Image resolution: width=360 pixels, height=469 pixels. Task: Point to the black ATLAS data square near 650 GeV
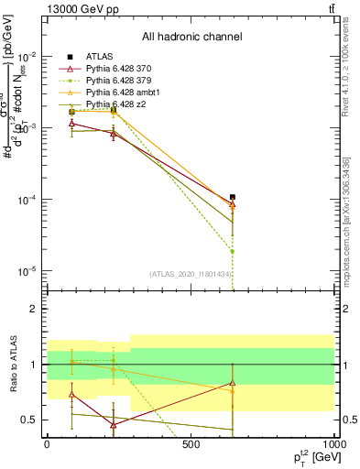[x=233, y=197]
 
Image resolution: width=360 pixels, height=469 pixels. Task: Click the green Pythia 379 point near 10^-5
[x=233, y=251]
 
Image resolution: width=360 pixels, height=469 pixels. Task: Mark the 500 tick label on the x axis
[x=191, y=445]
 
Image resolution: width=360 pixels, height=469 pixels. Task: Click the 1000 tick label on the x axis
[x=333, y=445]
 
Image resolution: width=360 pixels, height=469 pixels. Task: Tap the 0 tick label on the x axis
[x=47, y=445]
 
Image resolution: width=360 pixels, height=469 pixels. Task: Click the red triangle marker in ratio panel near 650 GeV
[x=233, y=383]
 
